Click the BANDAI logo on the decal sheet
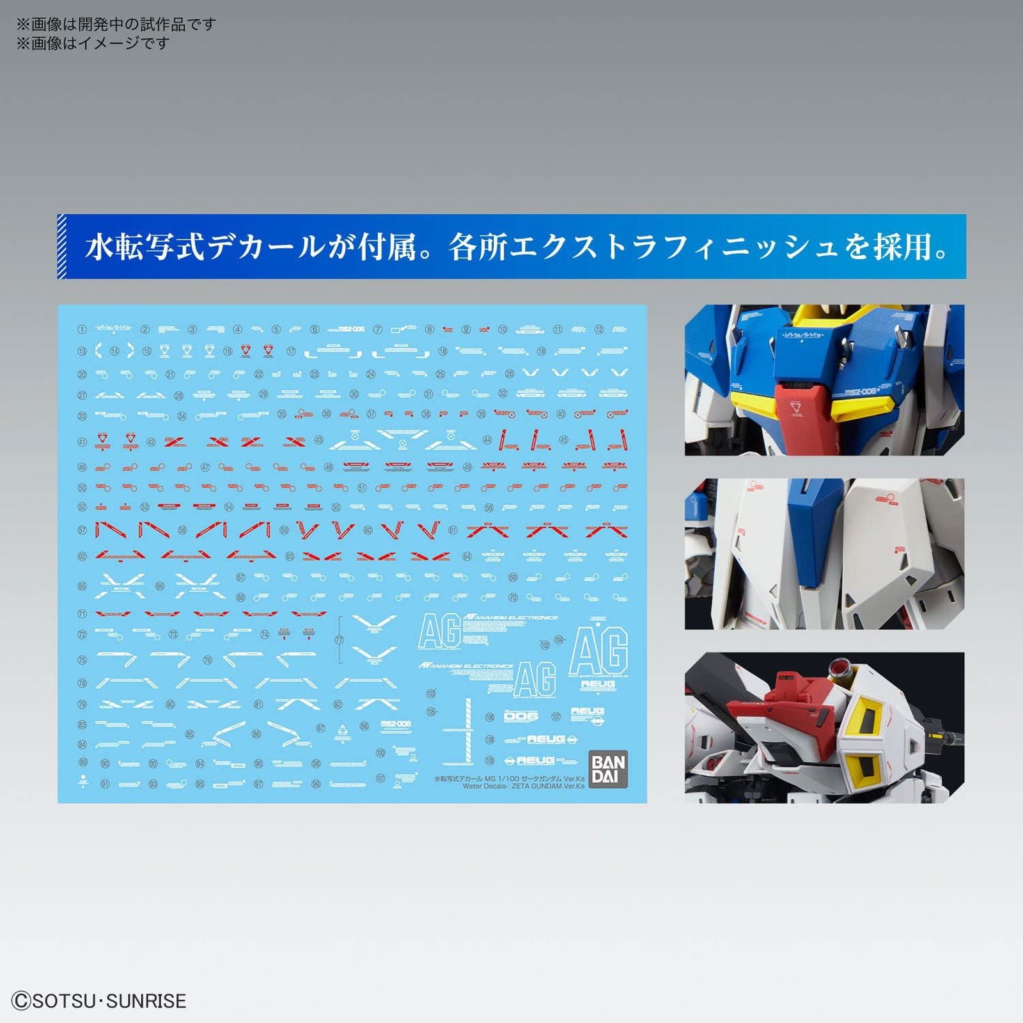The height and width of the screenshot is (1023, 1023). point(608,769)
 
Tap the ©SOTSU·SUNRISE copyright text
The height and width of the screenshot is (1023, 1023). point(99,1001)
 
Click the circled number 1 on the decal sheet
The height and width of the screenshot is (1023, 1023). point(82,330)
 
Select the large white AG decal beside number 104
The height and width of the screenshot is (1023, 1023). point(598,650)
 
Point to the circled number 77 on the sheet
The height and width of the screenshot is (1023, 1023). point(339,640)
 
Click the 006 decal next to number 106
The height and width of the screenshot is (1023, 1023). point(521,716)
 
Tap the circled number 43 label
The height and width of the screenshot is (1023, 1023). point(318,441)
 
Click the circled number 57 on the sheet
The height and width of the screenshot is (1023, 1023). point(82,530)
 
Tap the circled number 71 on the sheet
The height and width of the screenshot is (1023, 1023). point(82,614)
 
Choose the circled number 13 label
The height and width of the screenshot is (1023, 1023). point(82,351)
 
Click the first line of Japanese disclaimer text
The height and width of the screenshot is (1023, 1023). point(116,24)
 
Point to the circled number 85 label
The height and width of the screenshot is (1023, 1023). point(190,734)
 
